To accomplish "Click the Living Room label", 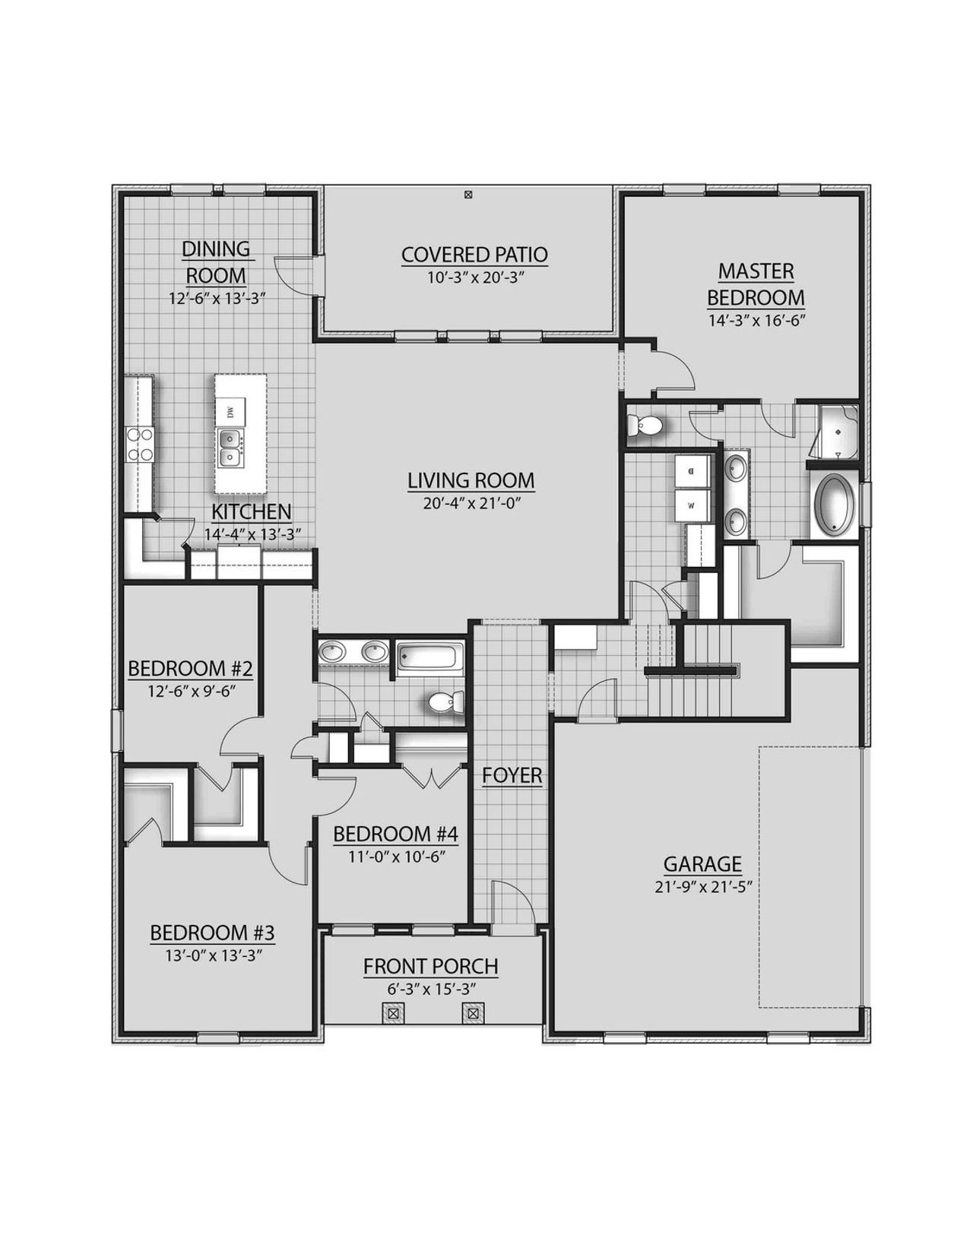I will [471, 480].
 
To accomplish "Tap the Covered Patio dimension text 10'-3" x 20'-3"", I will [474, 277].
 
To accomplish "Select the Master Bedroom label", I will [756, 284].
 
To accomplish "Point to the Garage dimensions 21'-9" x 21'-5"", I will [702, 886].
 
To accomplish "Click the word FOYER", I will [512, 775].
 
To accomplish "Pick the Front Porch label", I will [430, 967].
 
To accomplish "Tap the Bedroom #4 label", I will [395, 834].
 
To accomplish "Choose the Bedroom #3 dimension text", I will [212, 955].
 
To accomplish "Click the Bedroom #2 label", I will [190, 669].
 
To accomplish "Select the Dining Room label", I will [216, 261].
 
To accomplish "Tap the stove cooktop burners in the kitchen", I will [139, 445].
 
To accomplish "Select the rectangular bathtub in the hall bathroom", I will [429, 657].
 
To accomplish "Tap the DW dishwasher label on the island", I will [230, 412].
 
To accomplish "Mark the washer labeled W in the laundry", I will [692, 504].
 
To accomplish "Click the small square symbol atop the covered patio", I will [468, 195].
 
